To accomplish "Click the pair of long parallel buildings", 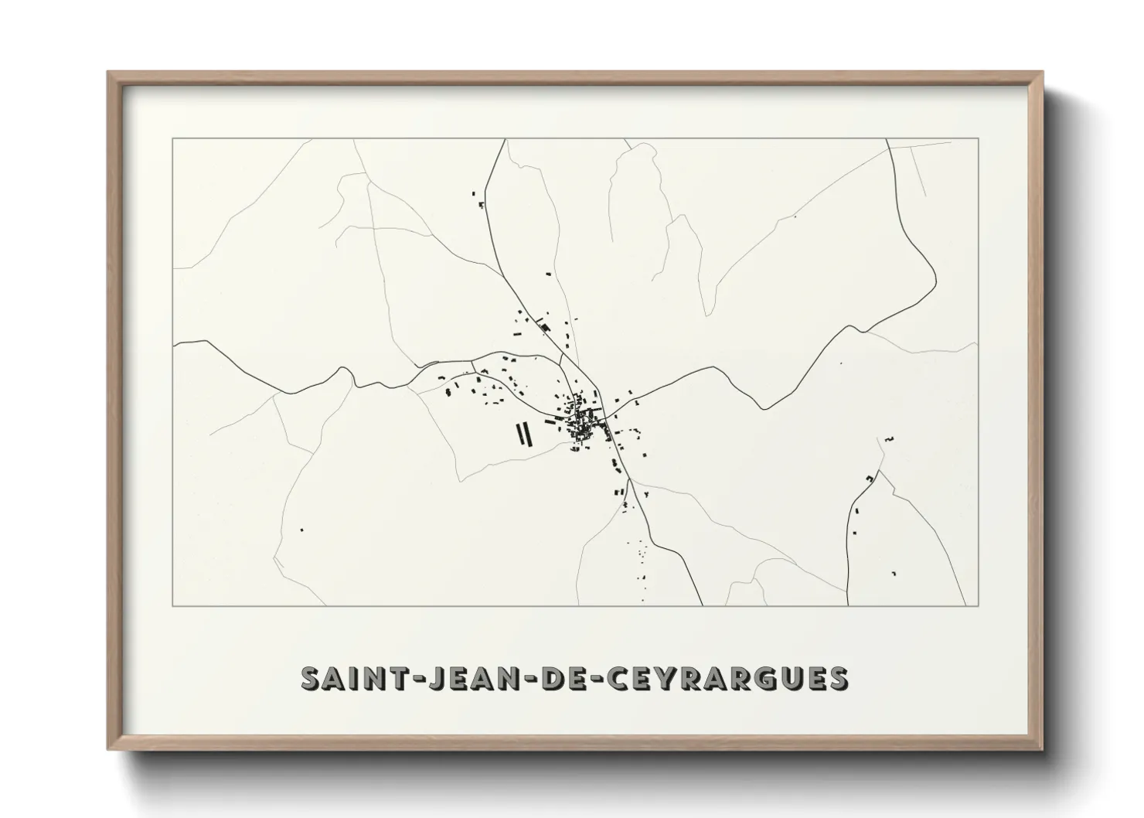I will pyautogui.click(x=524, y=434).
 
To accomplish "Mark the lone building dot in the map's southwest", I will pyautogui.click(x=301, y=530).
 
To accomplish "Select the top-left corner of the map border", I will pyautogui.click(x=173, y=139).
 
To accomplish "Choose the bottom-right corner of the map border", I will pyautogui.click(x=979, y=605).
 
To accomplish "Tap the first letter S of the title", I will pyautogui.click(x=311, y=678).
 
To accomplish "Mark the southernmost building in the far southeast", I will pyautogui.click(x=894, y=573).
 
